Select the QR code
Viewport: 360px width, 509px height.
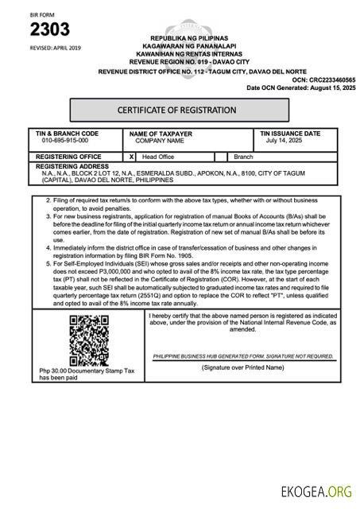coord(87,338)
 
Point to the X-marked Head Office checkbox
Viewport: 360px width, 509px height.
coord(132,157)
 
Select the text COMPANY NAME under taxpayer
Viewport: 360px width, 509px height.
coord(160,141)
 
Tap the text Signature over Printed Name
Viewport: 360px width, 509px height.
coord(242,368)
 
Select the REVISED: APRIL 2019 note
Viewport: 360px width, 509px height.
coord(55,48)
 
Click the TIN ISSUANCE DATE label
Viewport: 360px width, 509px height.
coord(290,134)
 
